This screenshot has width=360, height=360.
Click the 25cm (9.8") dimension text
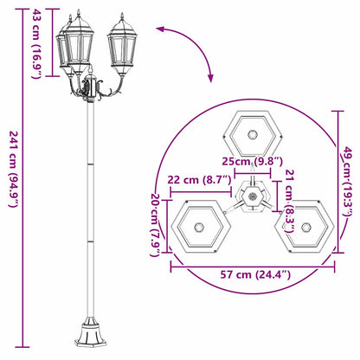[x=252, y=162]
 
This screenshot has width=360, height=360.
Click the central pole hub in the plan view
[x=252, y=197]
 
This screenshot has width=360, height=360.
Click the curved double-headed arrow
[x=189, y=48]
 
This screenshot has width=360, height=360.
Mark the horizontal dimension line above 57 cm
[x=251, y=266]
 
